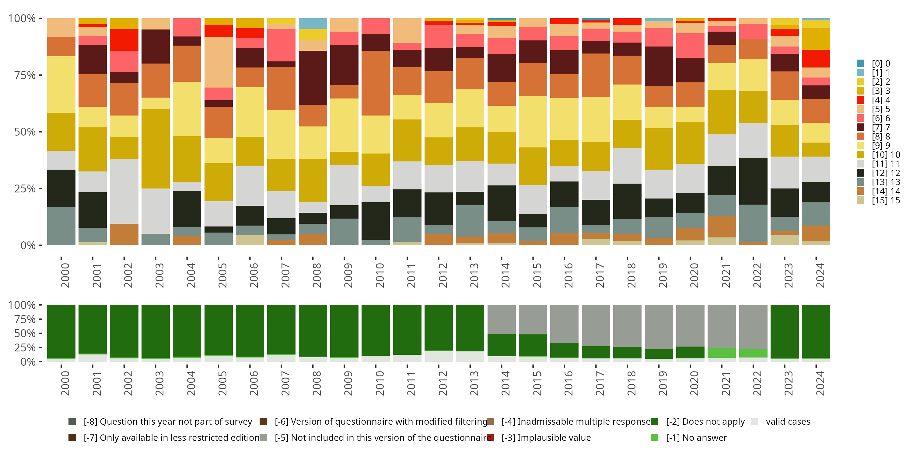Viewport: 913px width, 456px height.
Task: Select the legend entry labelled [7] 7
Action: (x=880, y=127)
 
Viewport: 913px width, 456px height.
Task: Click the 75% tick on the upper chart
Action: (x=25, y=75)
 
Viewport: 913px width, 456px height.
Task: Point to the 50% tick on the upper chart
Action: (x=25, y=132)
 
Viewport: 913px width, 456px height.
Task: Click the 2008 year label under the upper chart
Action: (x=316, y=275)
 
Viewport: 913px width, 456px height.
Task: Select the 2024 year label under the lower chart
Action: (x=820, y=383)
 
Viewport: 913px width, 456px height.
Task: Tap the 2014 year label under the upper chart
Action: (x=505, y=275)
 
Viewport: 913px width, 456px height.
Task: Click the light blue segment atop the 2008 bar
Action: (x=313, y=24)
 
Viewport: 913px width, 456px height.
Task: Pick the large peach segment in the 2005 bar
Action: (x=218, y=62)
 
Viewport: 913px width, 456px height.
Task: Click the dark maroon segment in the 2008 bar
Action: (x=313, y=78)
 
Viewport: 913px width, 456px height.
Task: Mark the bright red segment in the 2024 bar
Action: (x=816, y=59)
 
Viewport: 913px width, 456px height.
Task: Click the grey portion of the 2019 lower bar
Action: (x=659, y=327)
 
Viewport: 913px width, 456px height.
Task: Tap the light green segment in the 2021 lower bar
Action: (x=721, y=353)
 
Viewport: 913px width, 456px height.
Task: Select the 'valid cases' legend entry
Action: (x=788, y=422)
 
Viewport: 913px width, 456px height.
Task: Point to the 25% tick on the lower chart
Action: (x=25, y=347)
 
